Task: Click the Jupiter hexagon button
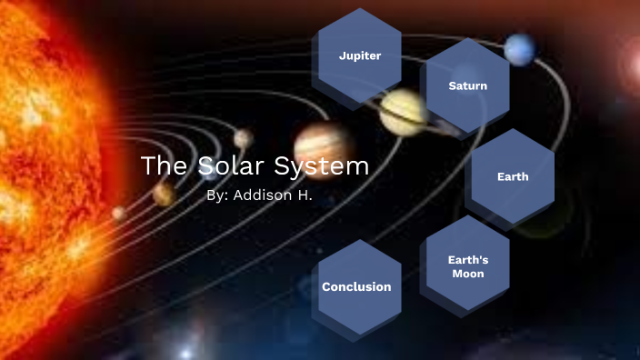pyautogui.click(x=359, y=55)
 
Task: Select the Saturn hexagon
pyautogui.click(x=467, y=86)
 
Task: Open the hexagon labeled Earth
pyautogui.click(x=513, y=176)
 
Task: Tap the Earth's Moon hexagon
pyautogui.click(x=467, y=265)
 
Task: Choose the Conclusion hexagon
pyautogui.click(x=356, y=286)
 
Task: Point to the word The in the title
pyautogui.click(x=164, y=167)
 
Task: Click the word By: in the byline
pyautogui.click(x=218, y=195)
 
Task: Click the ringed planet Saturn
pyautogui.click(x=404, y=112)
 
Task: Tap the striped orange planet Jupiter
pyautogui.click(x=323, y=140)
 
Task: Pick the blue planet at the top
pyautogui.click(x=521, y=50)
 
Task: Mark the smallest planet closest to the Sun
pyautogui.click(x=119, y=213)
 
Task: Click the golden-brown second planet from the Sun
pyautogui.click(x=164, y=193)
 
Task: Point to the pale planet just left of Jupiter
pyautogui.click(x=243, y=138)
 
